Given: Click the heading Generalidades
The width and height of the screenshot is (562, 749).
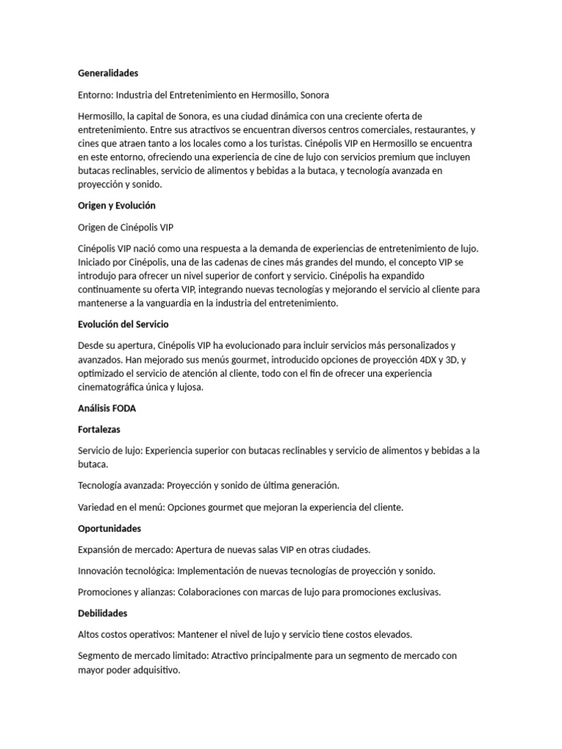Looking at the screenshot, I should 108,73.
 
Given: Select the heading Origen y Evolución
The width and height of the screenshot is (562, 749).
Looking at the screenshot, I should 116,206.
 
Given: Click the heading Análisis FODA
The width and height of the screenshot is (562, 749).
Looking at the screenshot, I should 107,408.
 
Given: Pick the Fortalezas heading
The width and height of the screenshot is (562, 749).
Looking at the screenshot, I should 99,429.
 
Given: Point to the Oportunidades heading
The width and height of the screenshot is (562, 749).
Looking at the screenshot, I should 109,528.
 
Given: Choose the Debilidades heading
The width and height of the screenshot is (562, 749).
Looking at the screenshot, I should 102,613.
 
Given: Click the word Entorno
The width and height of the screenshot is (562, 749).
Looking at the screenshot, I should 94,95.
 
